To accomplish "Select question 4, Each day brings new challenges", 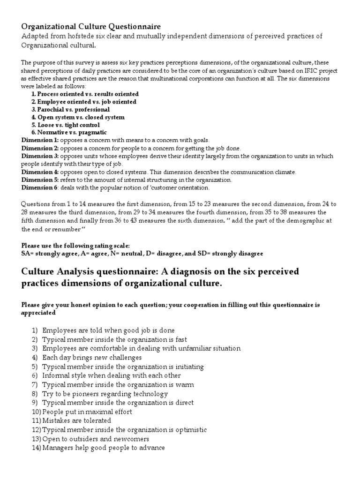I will pos(91,357).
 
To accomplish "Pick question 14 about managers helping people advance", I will pos(103,448).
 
